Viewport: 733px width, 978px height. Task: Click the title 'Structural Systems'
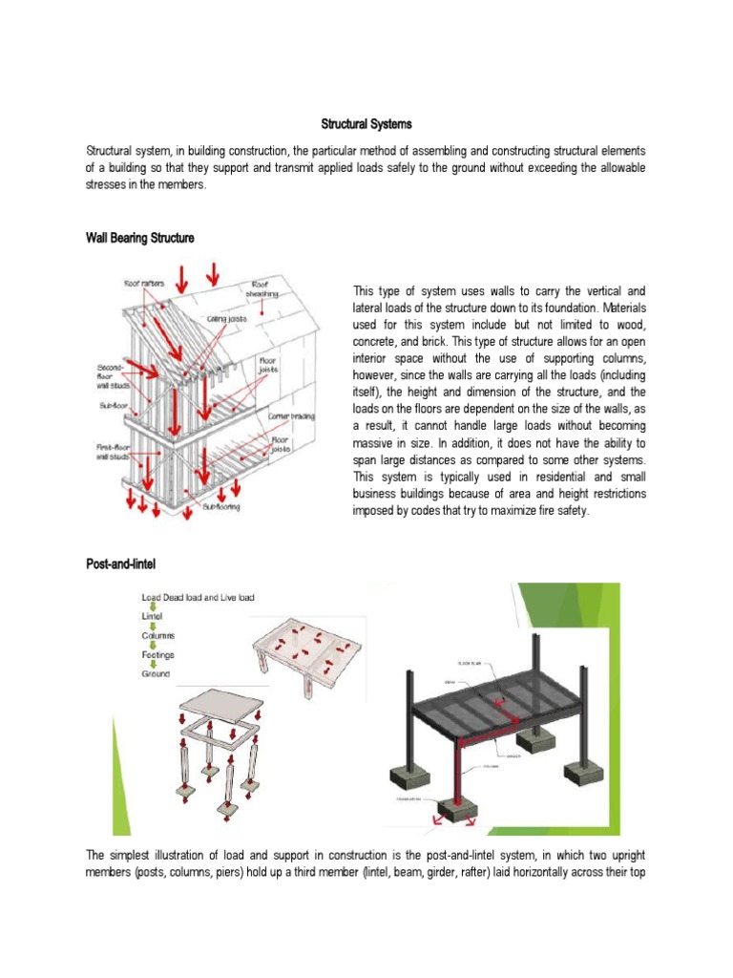tap(366, 124)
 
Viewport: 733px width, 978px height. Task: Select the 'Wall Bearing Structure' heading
tap(140, 238)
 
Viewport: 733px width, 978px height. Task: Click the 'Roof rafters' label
tap(143, 283)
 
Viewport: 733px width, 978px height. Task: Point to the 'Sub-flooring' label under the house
tap(220, 507)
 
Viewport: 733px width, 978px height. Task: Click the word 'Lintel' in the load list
tap(153, 616)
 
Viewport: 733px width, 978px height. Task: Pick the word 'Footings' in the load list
tap(158, 654)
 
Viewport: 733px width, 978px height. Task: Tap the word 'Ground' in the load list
tap(156, 673)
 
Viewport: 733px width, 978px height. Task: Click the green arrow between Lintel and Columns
tap(151, 626)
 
